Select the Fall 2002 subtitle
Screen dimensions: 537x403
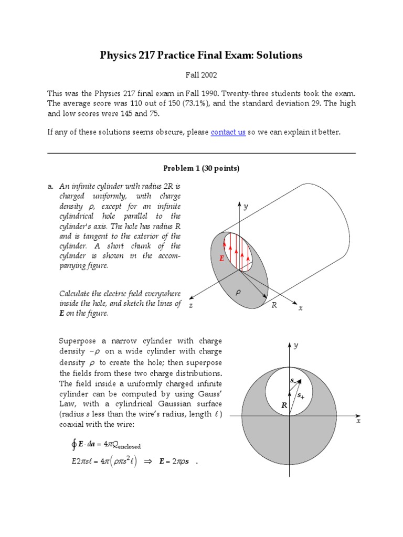click(201, 76)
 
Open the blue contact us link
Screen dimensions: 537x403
click(228, 132)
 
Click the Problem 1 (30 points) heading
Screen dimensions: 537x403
click(201, 168)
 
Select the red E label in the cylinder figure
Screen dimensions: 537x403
click(222, 259)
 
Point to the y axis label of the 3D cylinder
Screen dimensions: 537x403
click(245, 207)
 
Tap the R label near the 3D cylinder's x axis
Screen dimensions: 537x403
click(273, 306)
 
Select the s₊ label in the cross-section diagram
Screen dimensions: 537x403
click(301, 395)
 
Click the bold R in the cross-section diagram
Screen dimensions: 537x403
click(284, 405)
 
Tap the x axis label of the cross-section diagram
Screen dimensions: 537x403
click(358, 421)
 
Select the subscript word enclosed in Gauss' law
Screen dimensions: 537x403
click(126, 447)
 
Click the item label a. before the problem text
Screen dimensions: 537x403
click(50, 186)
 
